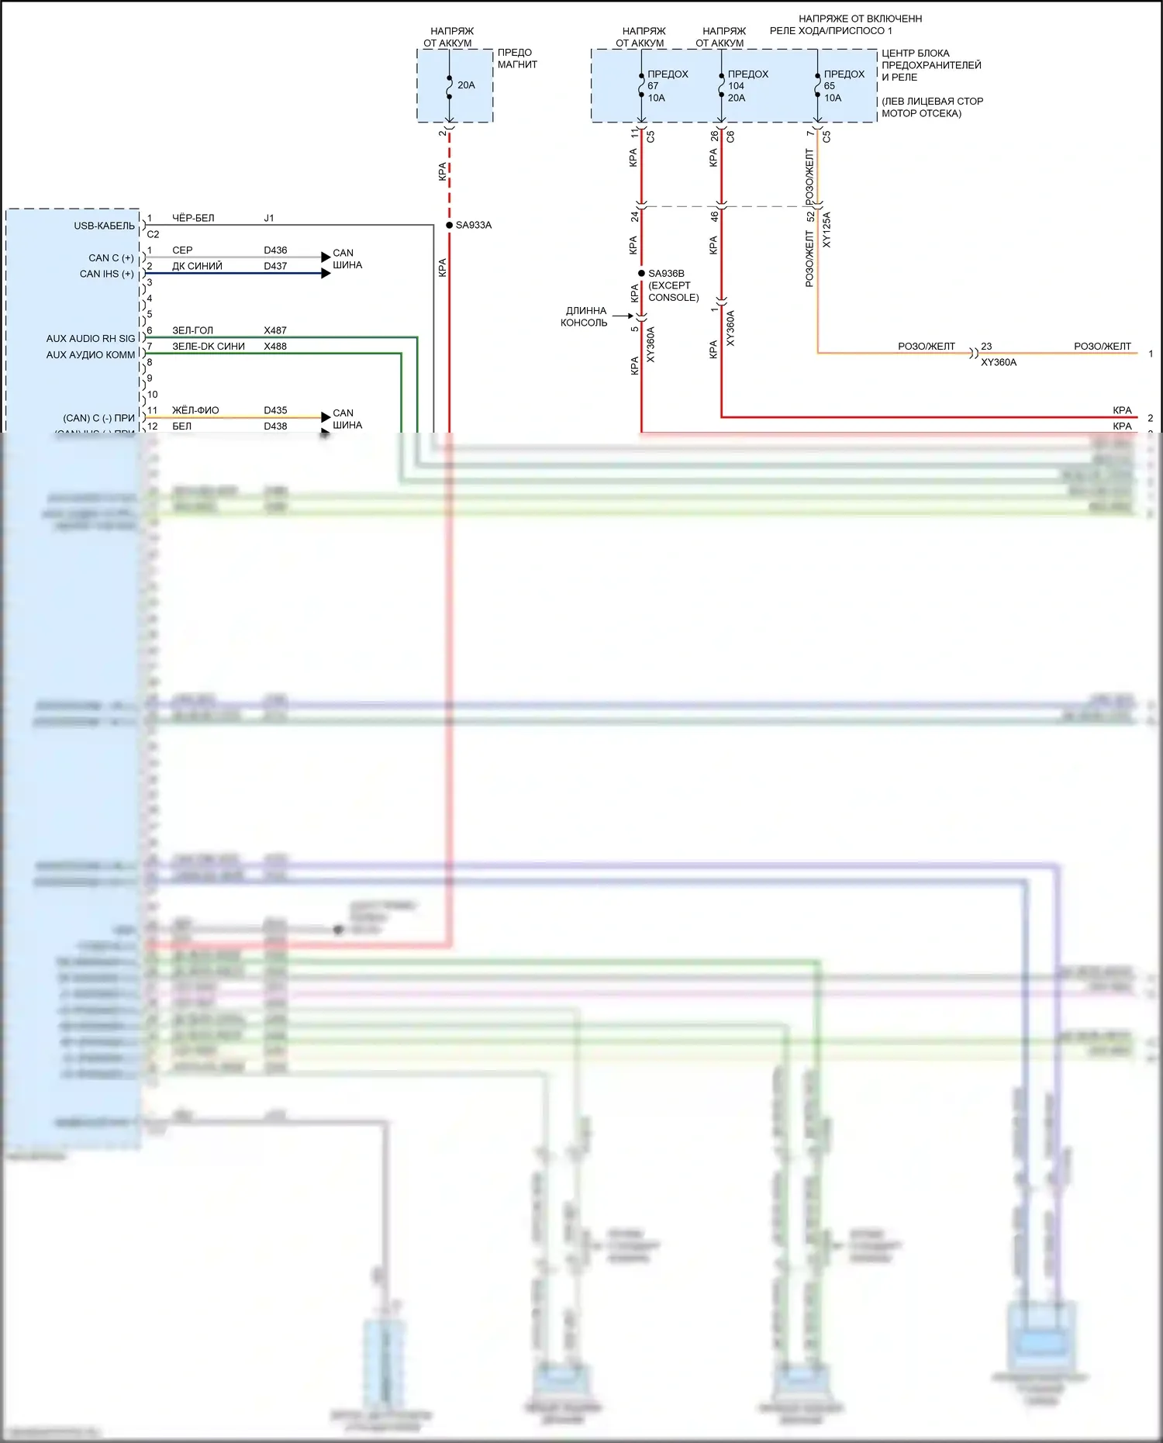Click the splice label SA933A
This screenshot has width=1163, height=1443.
tap(473, 226)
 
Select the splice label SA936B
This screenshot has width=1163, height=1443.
tap(666, 274)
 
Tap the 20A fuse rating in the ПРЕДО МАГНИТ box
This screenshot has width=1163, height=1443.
tap(466, 85)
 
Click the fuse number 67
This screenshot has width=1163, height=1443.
tap(653, 86)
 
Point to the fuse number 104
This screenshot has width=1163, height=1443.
tap(736, 86)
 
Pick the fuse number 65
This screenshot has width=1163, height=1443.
tap(830, 86)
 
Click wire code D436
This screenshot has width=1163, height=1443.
tap(275, 250)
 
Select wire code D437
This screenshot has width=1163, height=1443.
tap(275, 266)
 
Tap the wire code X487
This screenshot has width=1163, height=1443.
tap(275, 330)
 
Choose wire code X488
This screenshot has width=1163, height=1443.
tap(275, 347)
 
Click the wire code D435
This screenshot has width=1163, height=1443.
tap(275, 410)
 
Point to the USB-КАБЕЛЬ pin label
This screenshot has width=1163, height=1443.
tap(104, 226)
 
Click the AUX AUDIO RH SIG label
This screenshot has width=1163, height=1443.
tap(90, 339)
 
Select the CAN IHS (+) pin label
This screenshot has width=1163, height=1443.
tap(107, 274)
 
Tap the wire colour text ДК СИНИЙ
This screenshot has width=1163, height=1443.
tap(197, 266)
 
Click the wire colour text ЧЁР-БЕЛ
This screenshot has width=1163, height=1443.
tap(193, 219)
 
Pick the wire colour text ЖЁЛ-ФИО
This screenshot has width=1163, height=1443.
tap(195, 410)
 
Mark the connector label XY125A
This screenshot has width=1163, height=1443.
tap(827, 230)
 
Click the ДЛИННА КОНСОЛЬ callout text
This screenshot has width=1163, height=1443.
tap(585, 316)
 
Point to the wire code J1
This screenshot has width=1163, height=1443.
tap(269, 219)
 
